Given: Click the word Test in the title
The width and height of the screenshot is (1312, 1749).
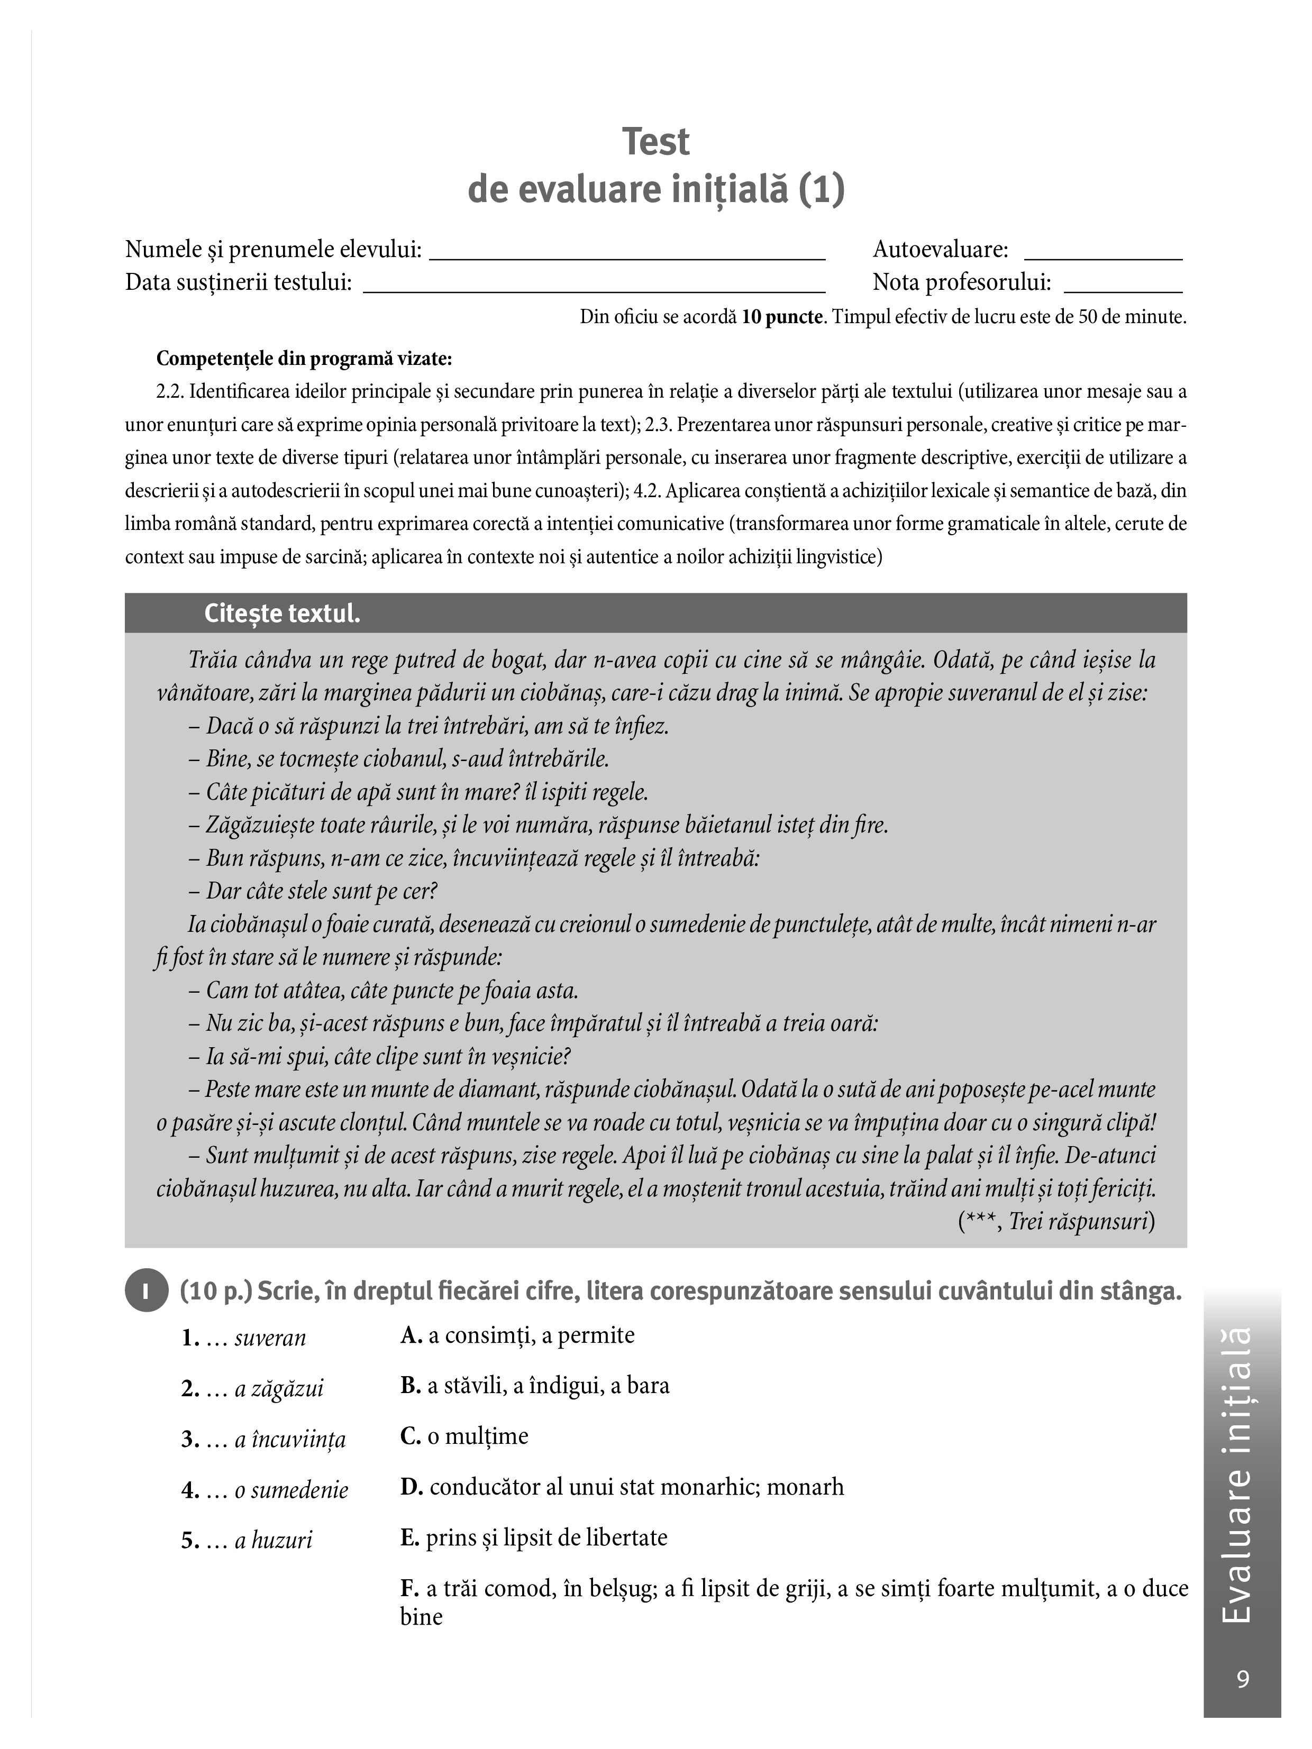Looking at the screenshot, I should (655, 142).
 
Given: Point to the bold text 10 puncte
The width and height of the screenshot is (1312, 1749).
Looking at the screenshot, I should (782, 318).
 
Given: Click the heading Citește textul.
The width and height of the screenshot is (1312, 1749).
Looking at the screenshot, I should (283, 613).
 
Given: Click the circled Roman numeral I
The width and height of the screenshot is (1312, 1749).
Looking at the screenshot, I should (147, 1292).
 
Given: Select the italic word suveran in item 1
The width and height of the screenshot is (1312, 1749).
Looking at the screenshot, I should (270, 1339).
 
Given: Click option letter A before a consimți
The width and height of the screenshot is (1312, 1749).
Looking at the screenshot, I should (409, 1335).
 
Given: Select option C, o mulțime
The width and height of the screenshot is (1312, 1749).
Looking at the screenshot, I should (464, 1436).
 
